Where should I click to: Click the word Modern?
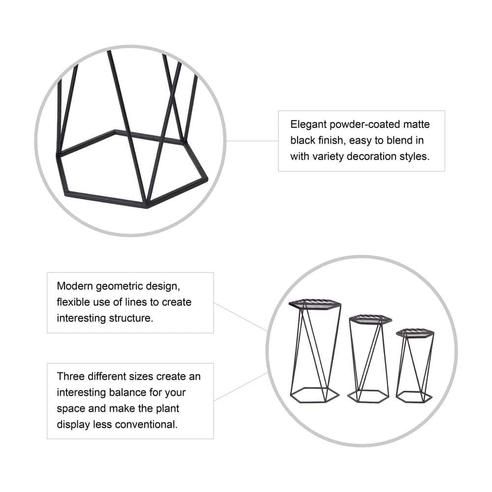[75, 286]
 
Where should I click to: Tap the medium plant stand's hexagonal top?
[370, 320]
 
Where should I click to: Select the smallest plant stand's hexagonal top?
[415, 333]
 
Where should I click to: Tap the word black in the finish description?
[303, 140]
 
